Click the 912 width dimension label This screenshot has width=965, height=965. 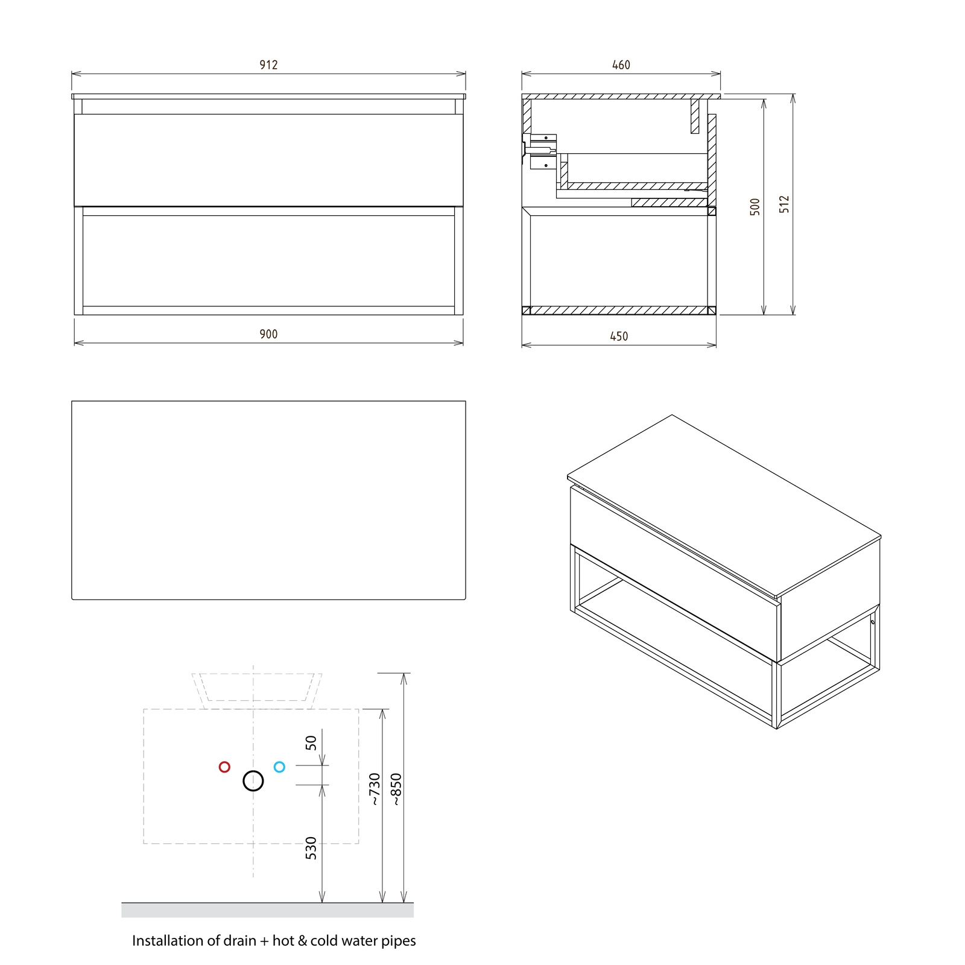268,65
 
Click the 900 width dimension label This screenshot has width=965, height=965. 268,334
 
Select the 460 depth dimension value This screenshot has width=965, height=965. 621,65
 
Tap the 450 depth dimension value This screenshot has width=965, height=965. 619,336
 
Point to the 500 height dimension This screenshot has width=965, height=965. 755,207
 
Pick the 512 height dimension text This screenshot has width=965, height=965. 784,204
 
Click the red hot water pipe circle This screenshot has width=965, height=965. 224,767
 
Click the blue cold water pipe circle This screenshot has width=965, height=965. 279,767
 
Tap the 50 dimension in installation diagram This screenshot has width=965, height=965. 311,742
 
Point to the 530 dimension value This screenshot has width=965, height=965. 311,848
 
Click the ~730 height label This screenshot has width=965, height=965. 375,789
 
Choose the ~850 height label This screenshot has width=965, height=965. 396,789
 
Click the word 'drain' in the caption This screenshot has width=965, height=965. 240,941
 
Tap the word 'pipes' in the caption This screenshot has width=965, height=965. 398,942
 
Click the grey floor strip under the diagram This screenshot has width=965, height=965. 267,910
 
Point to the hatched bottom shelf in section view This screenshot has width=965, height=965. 619,311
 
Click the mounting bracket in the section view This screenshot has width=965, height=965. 541,151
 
